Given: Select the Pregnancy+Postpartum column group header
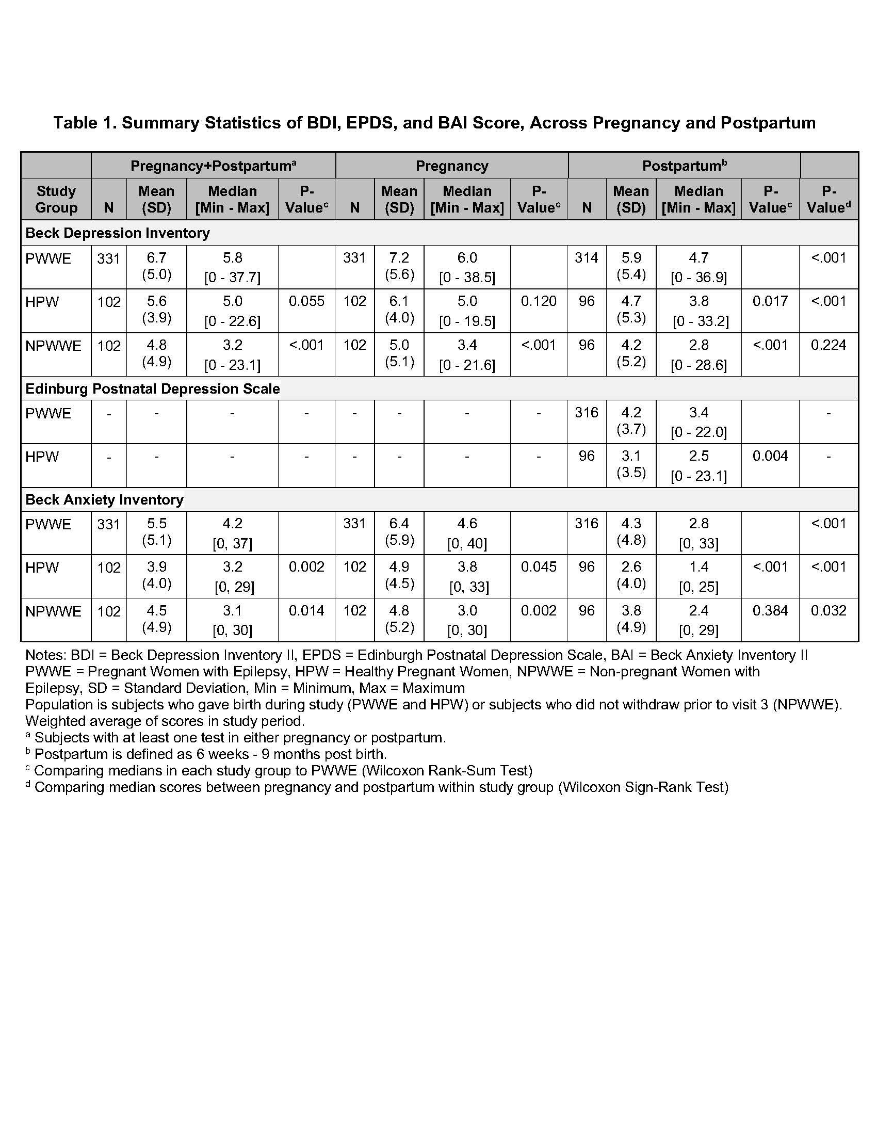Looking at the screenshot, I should [x=213, y=166].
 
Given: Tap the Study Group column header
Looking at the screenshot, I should [x=56, y=199].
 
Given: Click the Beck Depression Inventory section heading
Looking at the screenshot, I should [x=118, y=233].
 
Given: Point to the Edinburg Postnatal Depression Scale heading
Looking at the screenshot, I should [x=152, y=388].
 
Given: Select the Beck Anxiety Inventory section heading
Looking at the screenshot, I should [x=104, y=499].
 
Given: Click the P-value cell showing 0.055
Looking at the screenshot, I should [x=306, y=301].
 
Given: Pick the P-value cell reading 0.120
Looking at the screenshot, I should [x=539, y=301].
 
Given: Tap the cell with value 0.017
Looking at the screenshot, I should [x=770, y=301].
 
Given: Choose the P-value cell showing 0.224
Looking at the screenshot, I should [x=829, y=345].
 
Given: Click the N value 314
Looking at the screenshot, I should [x=587, y=258].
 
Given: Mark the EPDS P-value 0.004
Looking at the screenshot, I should [x=770, y=456].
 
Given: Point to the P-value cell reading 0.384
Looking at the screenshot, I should [x=770, y=611].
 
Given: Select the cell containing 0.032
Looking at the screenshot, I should [x=829, y=611].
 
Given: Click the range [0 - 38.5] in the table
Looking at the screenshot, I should [x=467, y=278].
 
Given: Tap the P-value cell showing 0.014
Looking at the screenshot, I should [x=306, y=611].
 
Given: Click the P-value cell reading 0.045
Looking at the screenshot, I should [x=539, y=567].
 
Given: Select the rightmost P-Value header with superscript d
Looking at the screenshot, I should [x=829, y=199].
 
